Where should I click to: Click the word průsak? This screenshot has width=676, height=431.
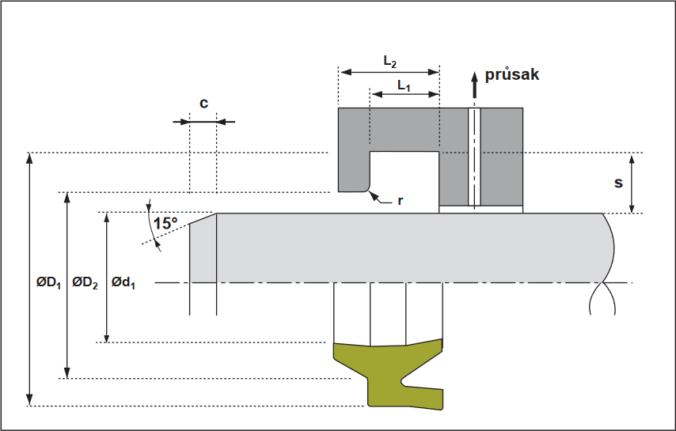tap(511, 75)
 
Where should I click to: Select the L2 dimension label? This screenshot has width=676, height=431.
tap(389, 61)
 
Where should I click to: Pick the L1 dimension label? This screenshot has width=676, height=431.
tap(404, 85)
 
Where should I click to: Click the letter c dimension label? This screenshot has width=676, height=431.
tap(203, 103)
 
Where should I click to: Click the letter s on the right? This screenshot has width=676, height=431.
tap(618, 183)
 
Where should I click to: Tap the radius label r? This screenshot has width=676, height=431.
tap(401, 201)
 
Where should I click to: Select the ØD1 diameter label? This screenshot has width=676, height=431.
tap(49, 282)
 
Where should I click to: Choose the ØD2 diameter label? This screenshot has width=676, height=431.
tap(85, 282)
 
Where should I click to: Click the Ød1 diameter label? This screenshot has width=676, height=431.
tap(123, 282)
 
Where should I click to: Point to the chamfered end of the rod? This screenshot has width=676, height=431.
tap(203, 229)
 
